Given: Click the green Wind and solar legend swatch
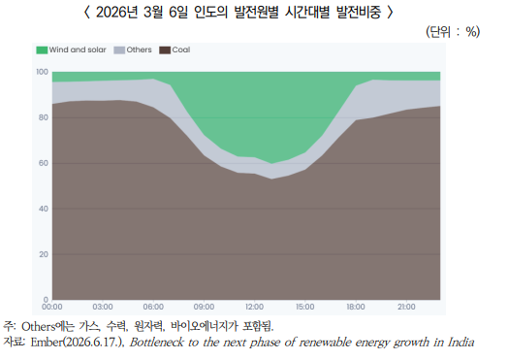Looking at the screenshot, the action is point(42,49).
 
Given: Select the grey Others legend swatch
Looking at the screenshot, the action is point(119,49).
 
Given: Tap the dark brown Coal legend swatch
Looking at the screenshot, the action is point(165,49).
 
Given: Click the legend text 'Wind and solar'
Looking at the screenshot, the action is point(78,49).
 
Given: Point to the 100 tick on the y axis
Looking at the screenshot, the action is point(42,72).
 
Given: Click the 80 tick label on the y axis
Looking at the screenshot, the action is point(44,117).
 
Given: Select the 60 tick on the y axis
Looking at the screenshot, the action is point(44,163).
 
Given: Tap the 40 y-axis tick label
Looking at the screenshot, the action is point(44,209).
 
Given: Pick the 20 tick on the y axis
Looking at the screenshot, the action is point(44,254).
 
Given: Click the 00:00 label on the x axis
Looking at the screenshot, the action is point(52,307).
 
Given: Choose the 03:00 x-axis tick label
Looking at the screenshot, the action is point(103,307).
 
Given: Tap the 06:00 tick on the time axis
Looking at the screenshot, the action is point(153,307).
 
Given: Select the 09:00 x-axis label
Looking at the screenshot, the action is point(204,307).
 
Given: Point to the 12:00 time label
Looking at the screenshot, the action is point(254,307).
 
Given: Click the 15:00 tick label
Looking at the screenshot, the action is point(304,307).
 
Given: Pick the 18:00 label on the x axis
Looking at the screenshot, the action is point(356,307).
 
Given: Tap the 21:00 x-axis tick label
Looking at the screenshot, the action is point(406,307).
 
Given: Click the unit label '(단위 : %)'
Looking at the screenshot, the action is point(453,32).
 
